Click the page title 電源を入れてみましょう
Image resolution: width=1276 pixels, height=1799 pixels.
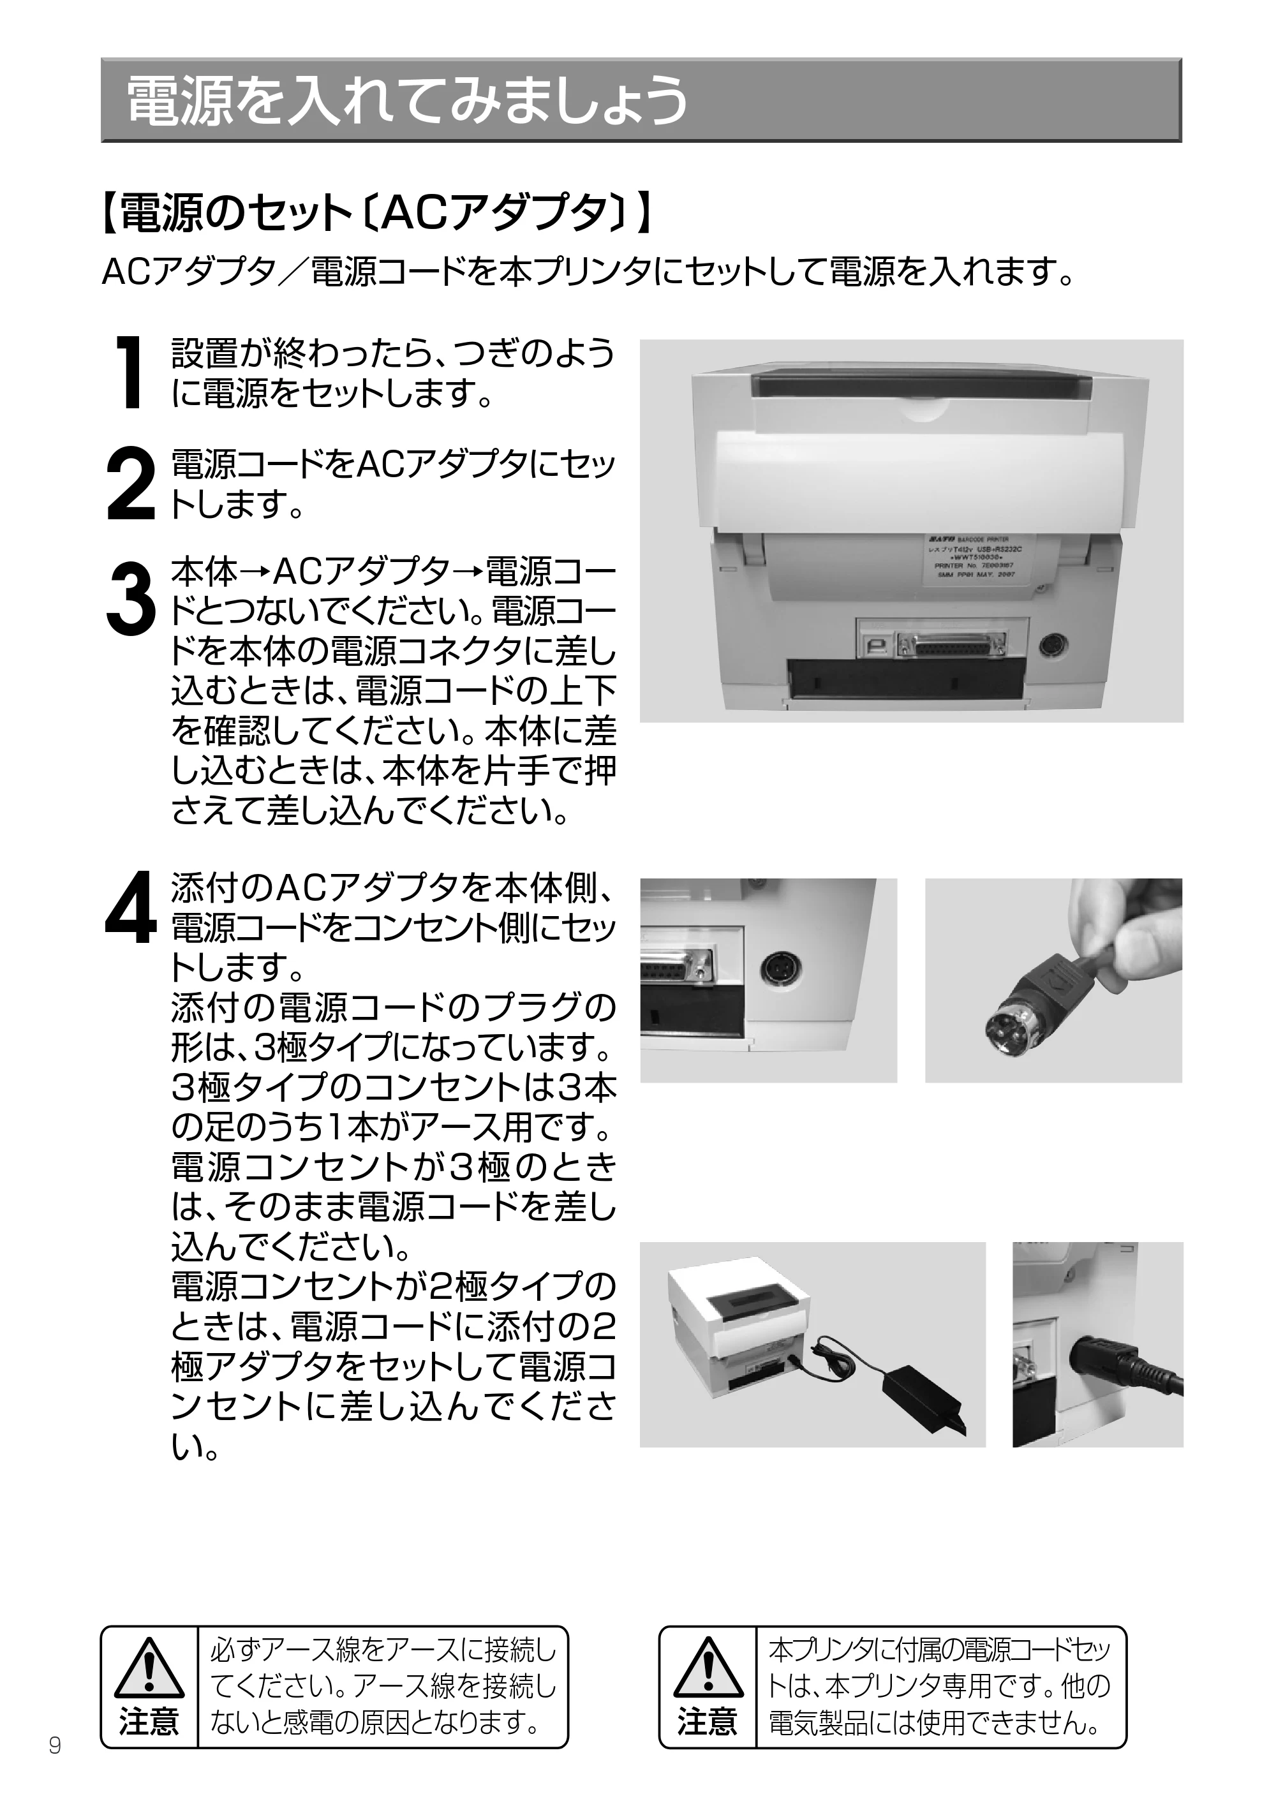pos(407,101)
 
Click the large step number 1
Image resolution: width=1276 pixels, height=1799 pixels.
pos(128,373)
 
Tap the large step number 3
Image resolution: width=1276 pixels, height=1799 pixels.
pos(130,597)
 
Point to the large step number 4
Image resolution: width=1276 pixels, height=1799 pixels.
pos(130,907)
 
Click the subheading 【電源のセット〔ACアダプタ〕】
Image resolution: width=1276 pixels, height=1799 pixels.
pos(377,214)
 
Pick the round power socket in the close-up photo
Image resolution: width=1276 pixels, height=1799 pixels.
pos(776,972)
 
